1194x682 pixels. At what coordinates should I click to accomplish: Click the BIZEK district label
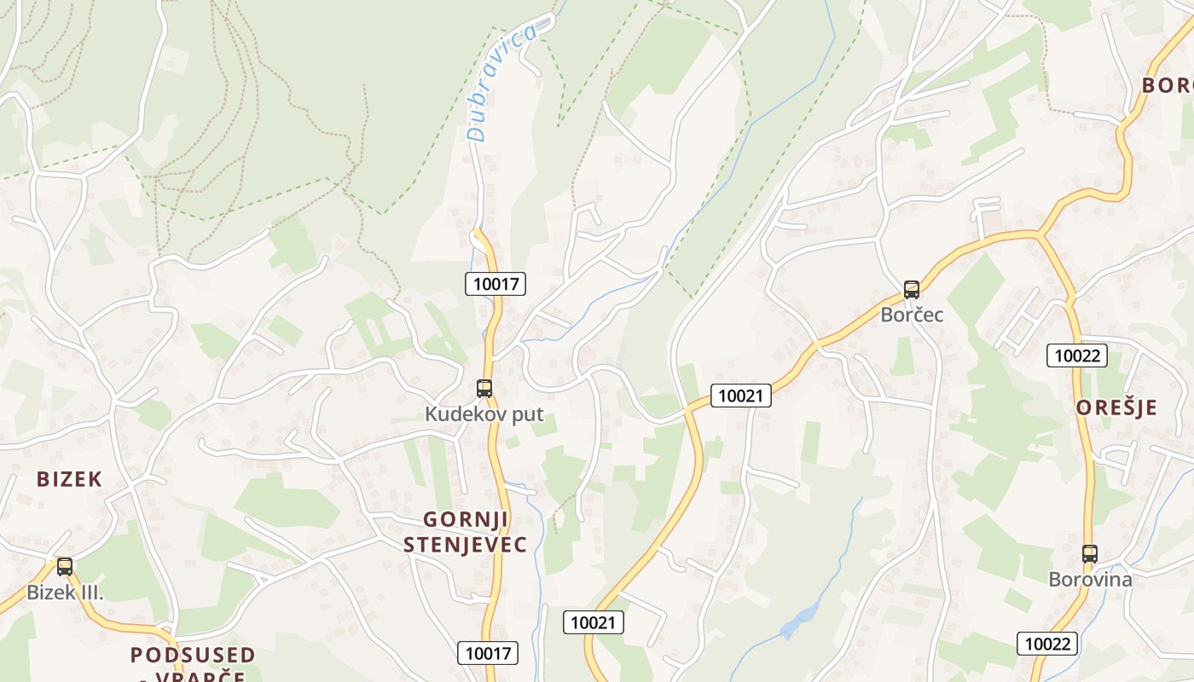point(69,479)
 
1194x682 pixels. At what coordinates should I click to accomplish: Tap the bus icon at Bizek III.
point(65,567)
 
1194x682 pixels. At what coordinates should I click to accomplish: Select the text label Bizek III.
point(65,592)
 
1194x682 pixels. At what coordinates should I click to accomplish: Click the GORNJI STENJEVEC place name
point(466,532)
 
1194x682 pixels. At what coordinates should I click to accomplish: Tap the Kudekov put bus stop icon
point(484,389)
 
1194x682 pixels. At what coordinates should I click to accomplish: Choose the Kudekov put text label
point(484,414)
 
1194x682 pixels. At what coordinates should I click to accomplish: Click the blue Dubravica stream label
point(502,83)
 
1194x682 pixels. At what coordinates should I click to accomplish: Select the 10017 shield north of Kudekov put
point(496,284)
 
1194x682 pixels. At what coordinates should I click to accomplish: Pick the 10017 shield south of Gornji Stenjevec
point(488,653)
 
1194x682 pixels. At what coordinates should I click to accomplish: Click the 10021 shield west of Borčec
point(741,395)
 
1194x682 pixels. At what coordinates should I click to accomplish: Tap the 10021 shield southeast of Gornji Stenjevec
point(594,622)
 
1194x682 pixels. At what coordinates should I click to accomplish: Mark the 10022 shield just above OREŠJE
point(1077,355)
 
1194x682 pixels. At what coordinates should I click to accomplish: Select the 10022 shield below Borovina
point(1048,644)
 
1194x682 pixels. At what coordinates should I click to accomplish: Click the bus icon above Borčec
point(912,290)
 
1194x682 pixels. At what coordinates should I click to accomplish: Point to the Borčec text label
point(912,315)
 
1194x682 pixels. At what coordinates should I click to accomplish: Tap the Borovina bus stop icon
point(1090,554)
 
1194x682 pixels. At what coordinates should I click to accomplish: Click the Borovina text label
point(1090,580)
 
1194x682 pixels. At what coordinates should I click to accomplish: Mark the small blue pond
point(800,621)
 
